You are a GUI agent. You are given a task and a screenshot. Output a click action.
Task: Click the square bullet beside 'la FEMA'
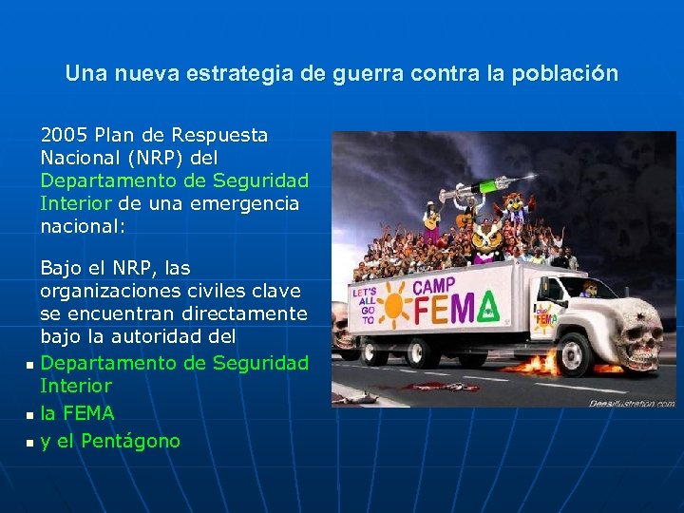[x=29, y=415]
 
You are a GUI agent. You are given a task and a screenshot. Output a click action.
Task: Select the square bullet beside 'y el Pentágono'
[x=29, y=443]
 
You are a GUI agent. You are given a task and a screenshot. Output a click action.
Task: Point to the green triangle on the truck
[x=490, y=306]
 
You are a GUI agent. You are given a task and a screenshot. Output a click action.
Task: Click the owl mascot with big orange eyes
[x=487, y=237]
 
